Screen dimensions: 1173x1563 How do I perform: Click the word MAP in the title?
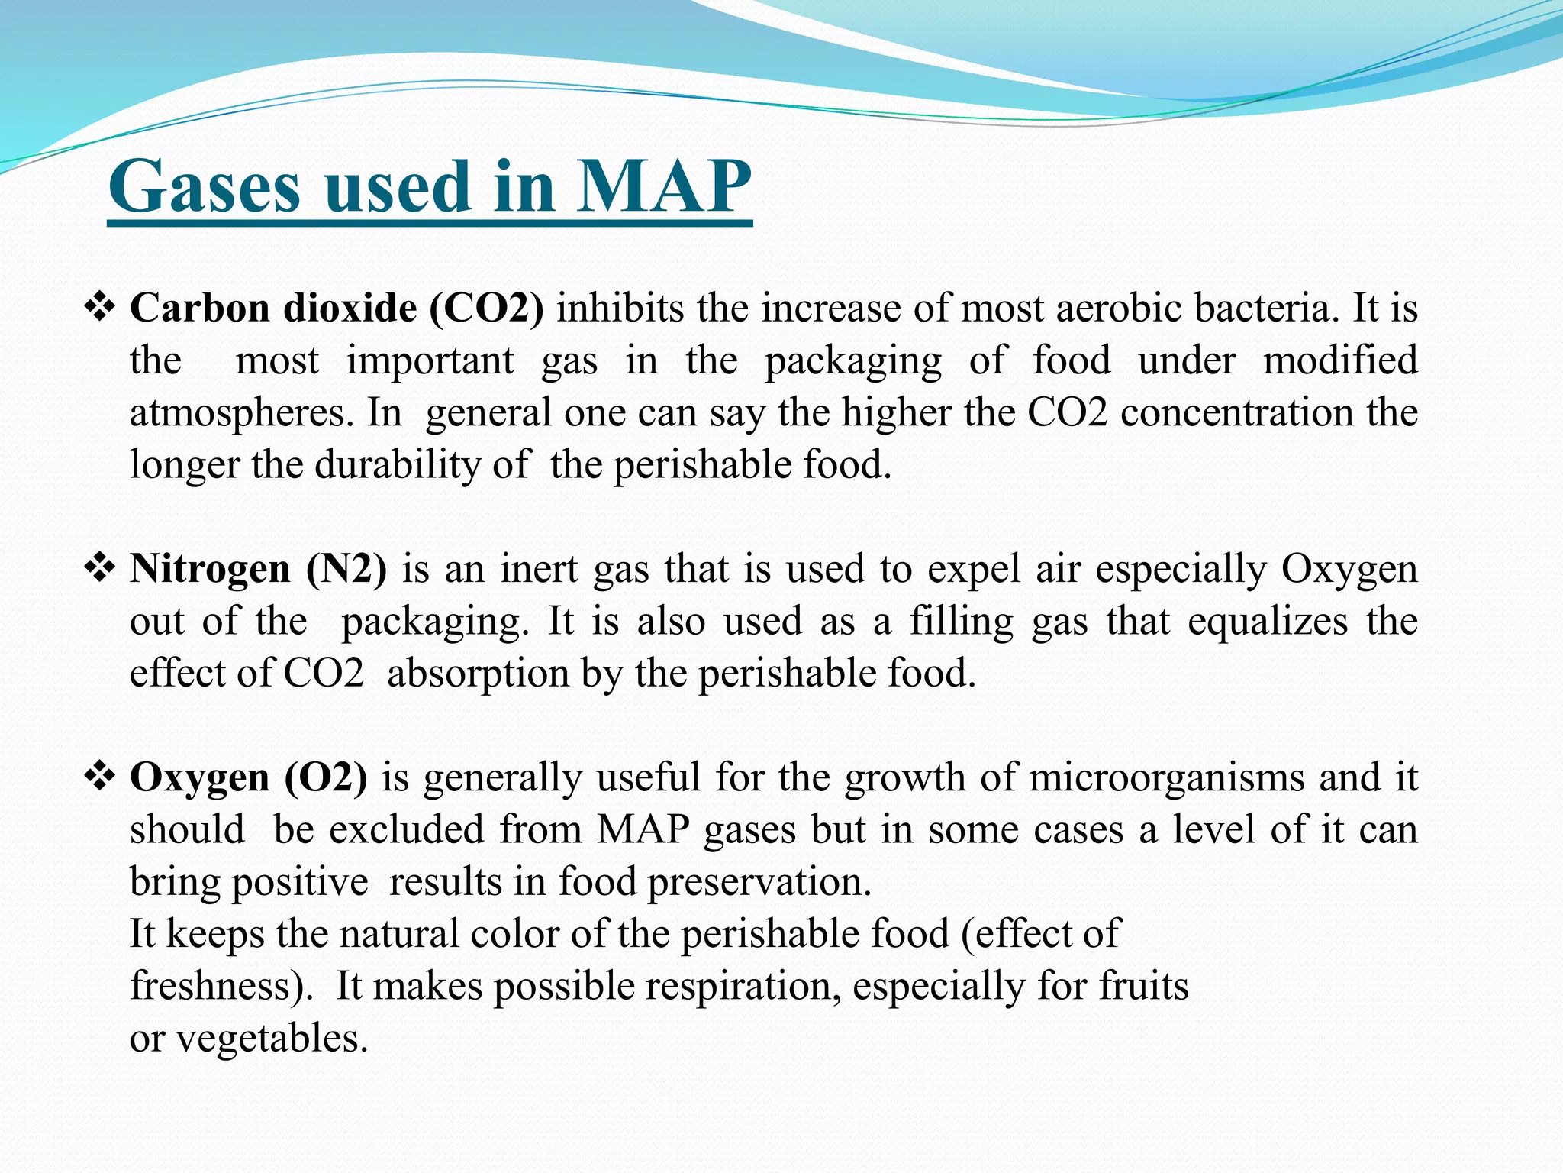662,187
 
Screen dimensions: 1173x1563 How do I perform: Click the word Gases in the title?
205,187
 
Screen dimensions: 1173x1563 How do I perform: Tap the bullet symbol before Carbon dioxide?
99,308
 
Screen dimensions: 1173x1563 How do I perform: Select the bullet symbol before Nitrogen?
99,568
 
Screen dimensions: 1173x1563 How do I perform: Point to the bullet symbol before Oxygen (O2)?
99,777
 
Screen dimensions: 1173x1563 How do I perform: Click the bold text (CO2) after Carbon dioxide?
487,309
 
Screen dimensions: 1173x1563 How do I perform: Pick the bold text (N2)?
346,569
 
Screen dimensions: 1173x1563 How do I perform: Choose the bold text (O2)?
326,777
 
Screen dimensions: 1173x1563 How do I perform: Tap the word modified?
1340,360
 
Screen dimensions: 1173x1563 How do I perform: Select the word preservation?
759,882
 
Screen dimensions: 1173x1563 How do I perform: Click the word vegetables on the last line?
272,1039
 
